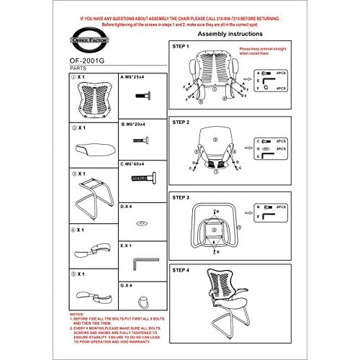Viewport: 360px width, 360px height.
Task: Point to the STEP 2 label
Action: pyautogui.click(x=181, y=122)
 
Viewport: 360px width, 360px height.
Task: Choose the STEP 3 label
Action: pyautogui.click(x=181, y=196)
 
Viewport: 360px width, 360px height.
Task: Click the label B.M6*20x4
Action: pyautogui.click(x=134, y=124)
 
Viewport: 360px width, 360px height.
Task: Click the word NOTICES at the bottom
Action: pyautogui.click(x=77, y=314)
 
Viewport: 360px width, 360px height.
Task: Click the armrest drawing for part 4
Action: pyautogui.click(x=92, y=248)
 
